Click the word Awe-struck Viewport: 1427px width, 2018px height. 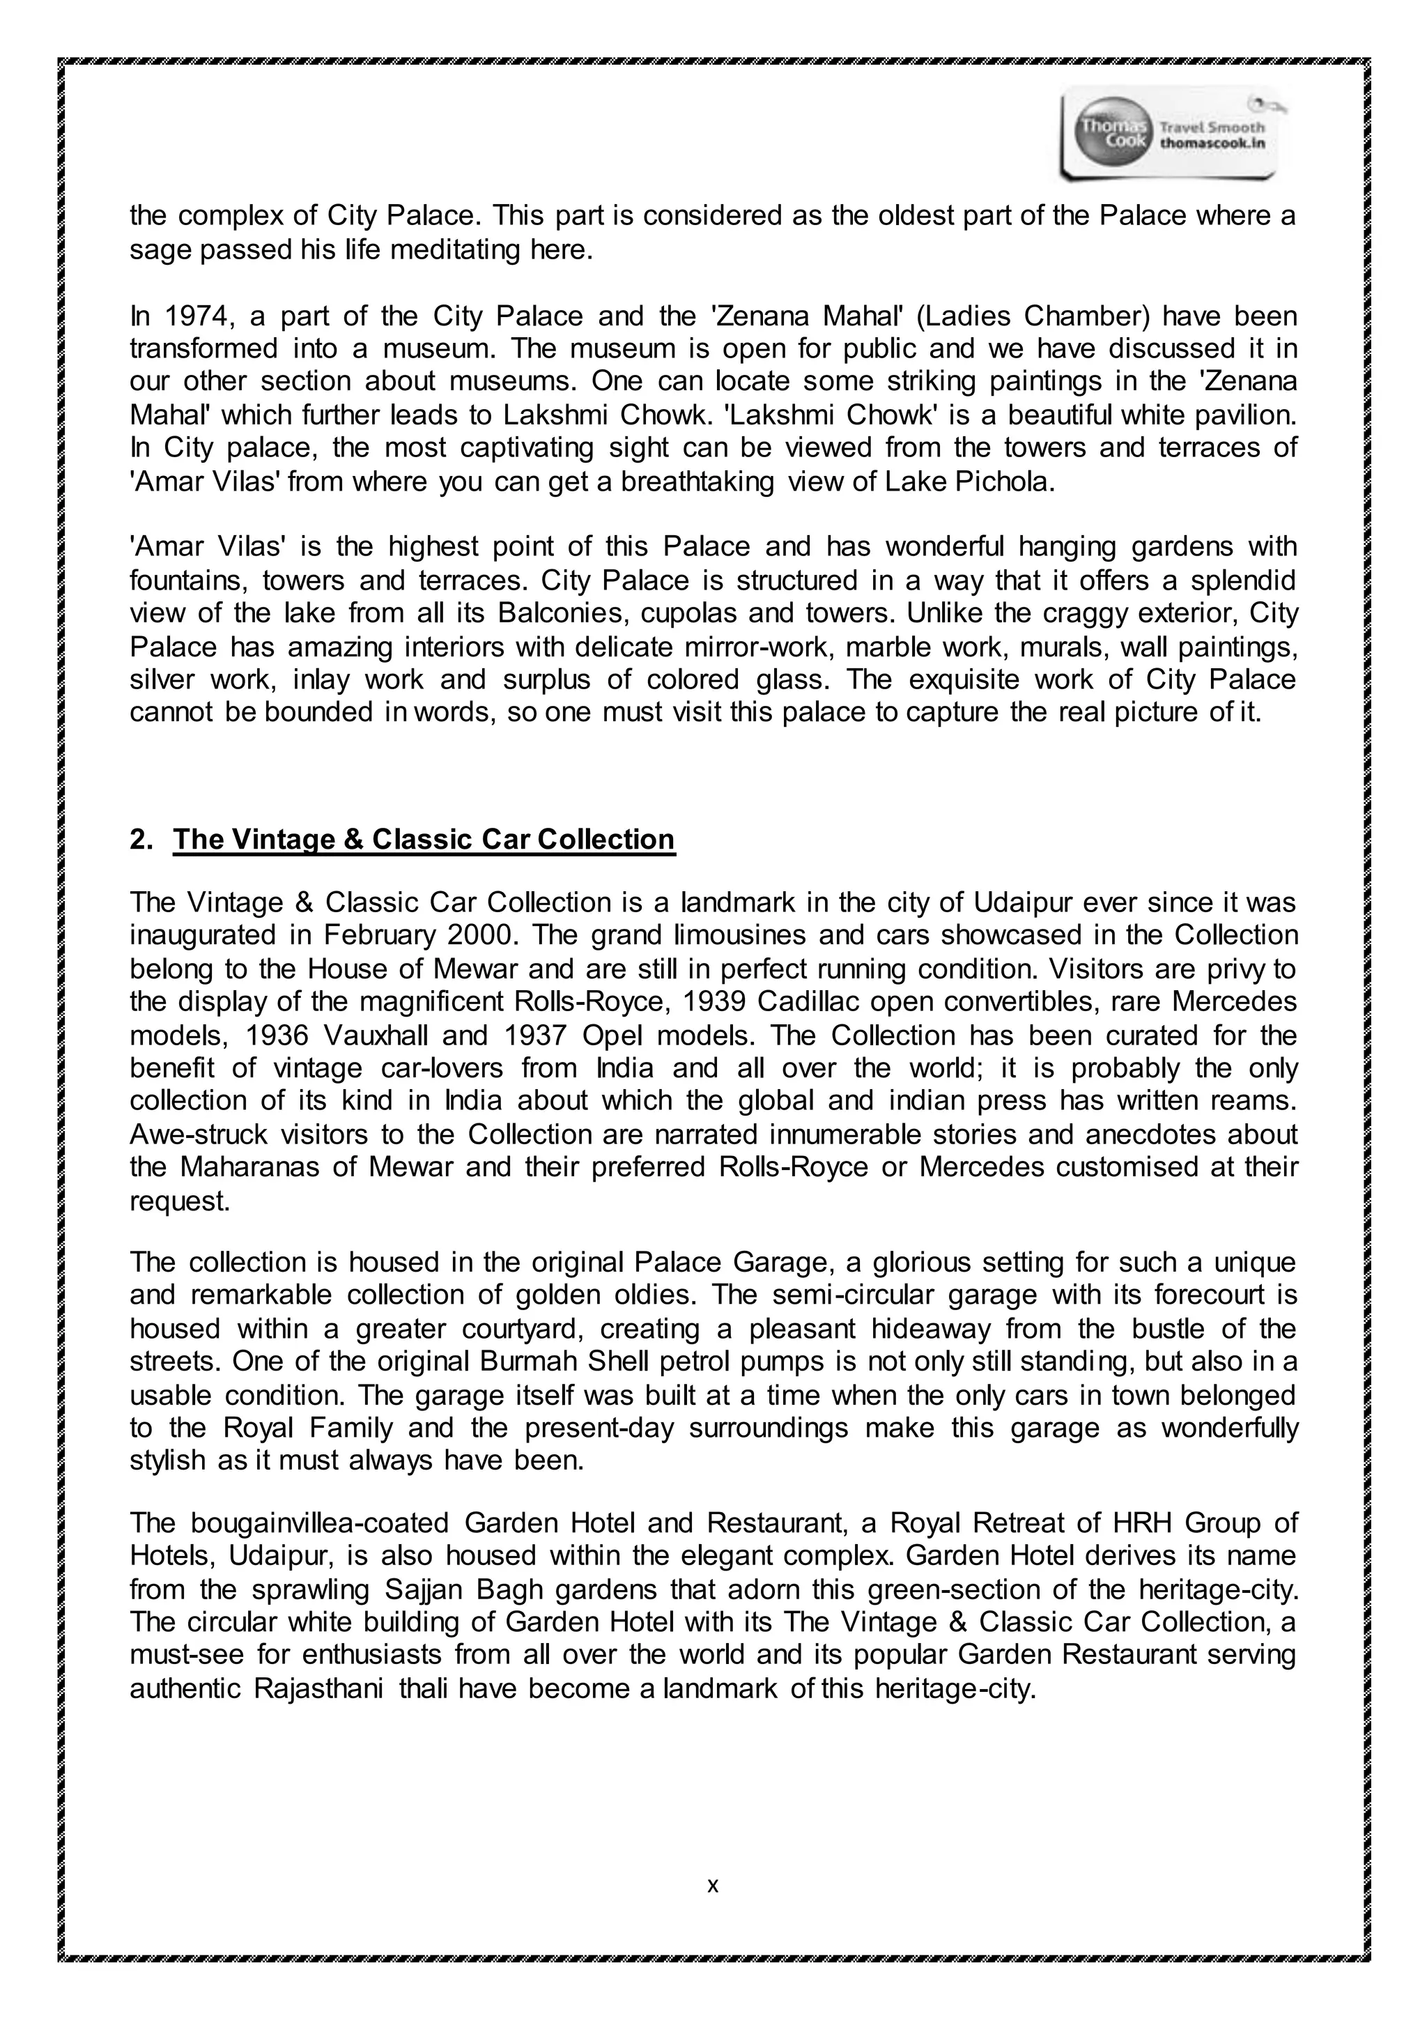pos(198,1134)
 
